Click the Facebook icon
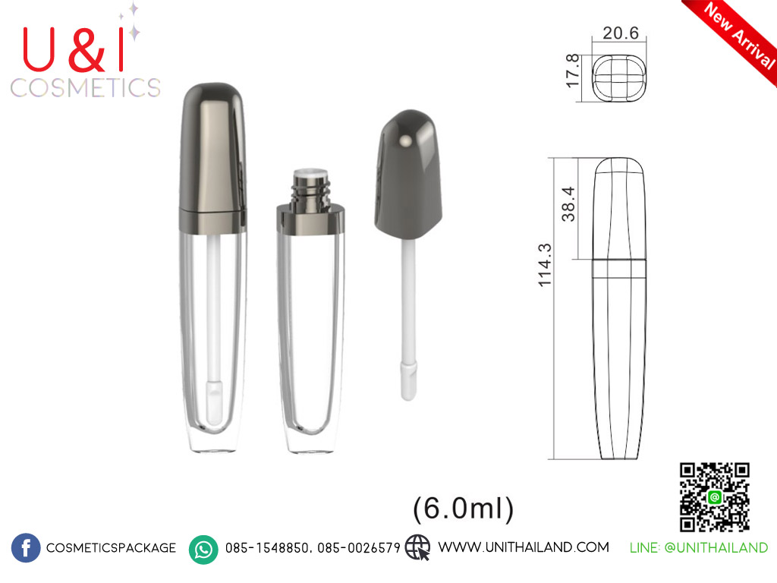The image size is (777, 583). click(x=26, y=548)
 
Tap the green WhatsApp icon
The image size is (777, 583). click(x=203, y=550)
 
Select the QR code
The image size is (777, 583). click(x=714, y=497)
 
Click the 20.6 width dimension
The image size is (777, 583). click(x=621, y=33)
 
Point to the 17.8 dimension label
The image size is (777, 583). click(x=572, y=71)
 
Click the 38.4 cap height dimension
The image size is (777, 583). click(x=568, y=203)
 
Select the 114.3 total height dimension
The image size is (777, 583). click(x=545, y=265)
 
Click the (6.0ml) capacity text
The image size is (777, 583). click(x=464, y=508)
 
